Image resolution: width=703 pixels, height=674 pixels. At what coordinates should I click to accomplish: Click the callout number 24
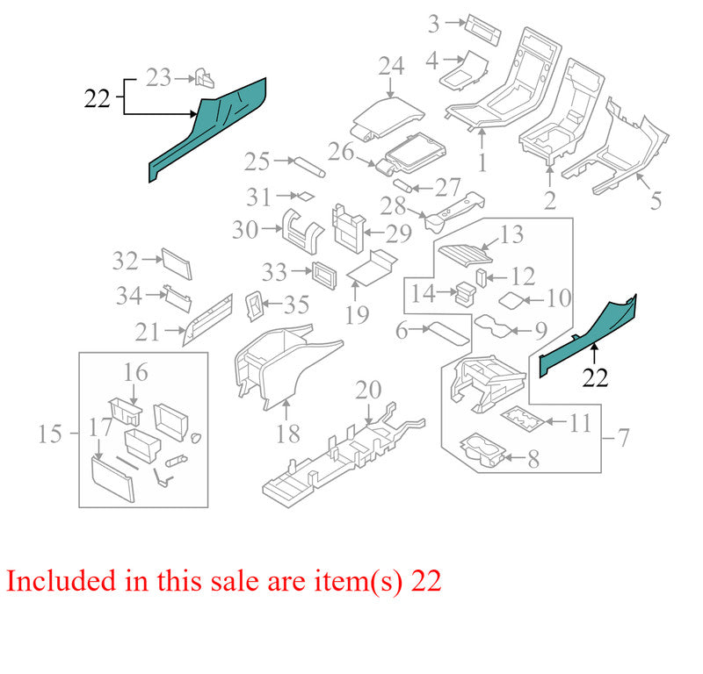click(391, 66)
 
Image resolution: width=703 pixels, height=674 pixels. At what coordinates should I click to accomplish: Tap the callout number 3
click(433, 24)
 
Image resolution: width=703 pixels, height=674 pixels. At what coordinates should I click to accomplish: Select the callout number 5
click(656, 201)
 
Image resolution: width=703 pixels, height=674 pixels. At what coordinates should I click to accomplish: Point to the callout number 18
click(287, 434)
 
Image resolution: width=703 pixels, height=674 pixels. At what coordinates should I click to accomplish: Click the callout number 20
click(368, 390)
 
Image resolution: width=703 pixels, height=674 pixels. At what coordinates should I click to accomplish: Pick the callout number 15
click(49, 434)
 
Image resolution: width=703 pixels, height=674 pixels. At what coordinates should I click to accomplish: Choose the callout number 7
click(624, 438)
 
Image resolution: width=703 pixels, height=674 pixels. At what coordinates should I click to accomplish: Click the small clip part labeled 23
click(205, 78)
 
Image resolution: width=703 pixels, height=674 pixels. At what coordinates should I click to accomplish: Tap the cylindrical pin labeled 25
click(309, 167)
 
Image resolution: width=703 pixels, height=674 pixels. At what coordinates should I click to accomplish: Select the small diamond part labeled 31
click(306, 197)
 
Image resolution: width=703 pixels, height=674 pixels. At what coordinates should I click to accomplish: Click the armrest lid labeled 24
click(388, 118)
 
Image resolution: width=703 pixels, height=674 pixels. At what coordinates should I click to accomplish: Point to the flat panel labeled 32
click(177, 264)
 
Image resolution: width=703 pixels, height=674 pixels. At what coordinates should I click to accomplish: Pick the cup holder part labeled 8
click(481, 450)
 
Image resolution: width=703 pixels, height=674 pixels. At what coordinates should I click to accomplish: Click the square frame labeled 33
click(323, 276)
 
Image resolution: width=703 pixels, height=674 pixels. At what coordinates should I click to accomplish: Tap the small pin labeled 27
click(402, 185)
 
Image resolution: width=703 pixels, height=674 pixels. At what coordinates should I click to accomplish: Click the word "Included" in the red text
click(61, 581)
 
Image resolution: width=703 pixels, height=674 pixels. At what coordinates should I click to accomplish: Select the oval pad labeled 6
click(449, 333)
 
